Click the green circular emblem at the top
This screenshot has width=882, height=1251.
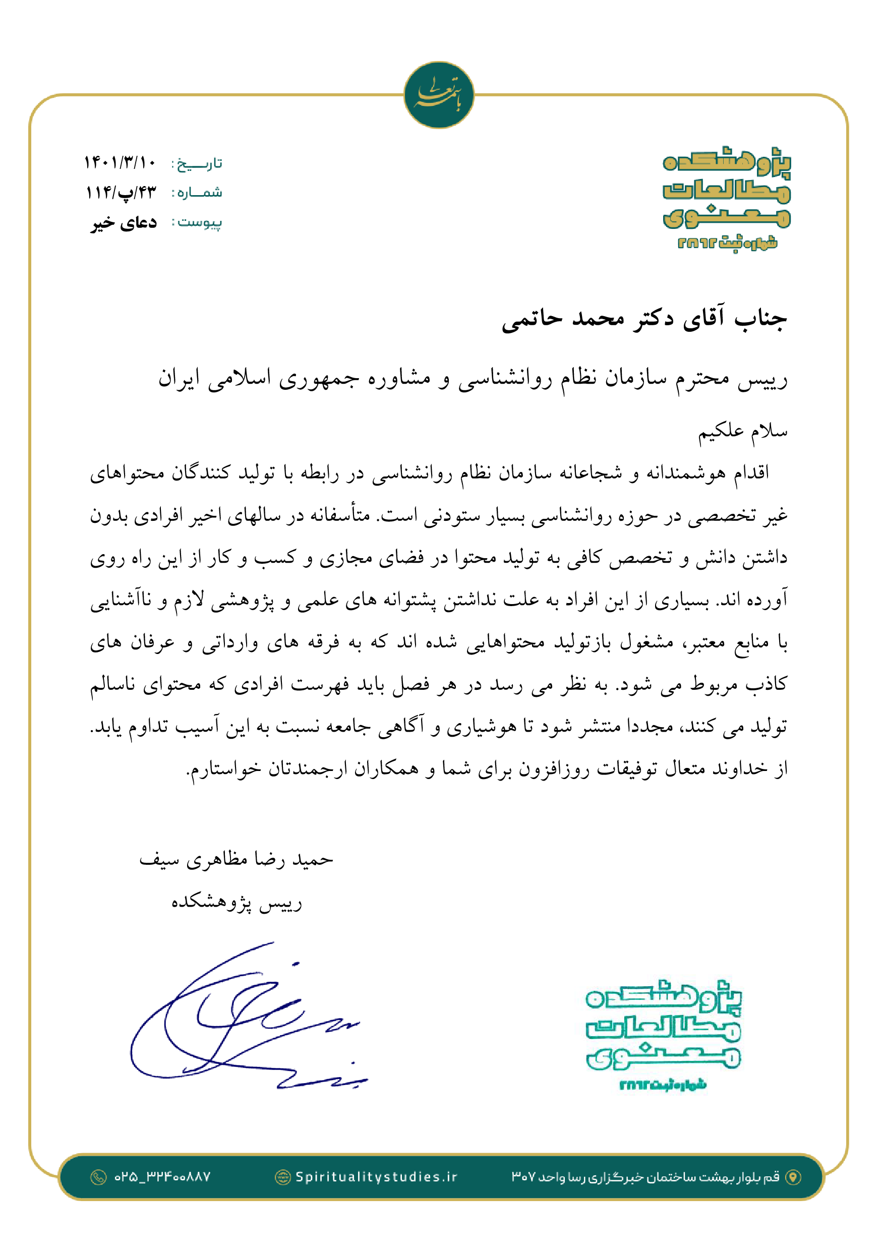(x=439, y=95)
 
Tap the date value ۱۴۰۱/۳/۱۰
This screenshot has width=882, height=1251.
(x=120, y=162)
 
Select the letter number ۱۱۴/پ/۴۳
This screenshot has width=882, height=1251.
(x=121, y=192)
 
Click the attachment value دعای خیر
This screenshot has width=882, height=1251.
(x=124, y=222)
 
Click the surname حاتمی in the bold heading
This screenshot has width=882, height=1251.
(x=531, y=319)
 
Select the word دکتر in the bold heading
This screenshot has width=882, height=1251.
(x=653, y=319)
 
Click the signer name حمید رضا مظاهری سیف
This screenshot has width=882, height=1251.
(x=236, y=860)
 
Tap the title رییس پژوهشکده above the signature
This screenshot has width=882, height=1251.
(x=237, y=902)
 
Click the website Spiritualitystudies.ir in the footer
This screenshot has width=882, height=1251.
(x=376, y=1177)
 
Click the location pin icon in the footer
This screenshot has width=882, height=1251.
(x=793, y=1177)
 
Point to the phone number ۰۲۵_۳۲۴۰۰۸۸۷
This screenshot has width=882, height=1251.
(x=162, y=1177)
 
